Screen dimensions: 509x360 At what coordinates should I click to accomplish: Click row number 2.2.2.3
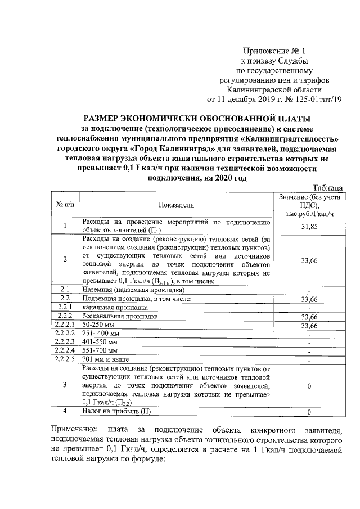click(65, 341)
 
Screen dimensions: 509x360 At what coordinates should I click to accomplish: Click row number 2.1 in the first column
click(65, 289)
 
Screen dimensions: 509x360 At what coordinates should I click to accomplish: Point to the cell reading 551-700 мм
click(100, 350)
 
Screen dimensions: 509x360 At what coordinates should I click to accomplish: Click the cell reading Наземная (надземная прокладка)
click(133, 289)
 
